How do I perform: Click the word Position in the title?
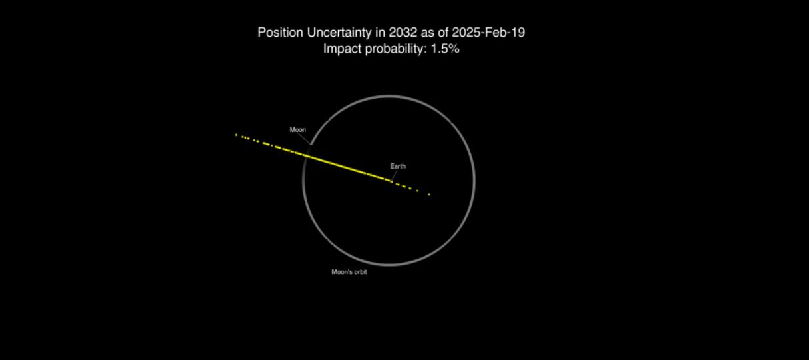(x=281, y=33)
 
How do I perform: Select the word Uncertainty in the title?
(x=339, y=33)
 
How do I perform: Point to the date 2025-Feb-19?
(x=488, y=33)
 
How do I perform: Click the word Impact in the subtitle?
(x=342, y=49)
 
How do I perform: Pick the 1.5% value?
(x=445, y=49)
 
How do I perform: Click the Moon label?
(x=298, y=129)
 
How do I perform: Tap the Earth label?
(x=398, y=166)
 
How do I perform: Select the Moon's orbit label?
(x=349, y=272)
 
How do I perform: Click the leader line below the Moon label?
(x=304, y=139)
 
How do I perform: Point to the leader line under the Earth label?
(x=395, y=175)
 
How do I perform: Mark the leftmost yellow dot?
(x=236, y=135)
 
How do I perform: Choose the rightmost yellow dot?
(x=429, y=195)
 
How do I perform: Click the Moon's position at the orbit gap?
(x=311, y=145)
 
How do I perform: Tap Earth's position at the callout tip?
(x=391, y=181)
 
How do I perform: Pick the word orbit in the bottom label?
(x=359, y=272)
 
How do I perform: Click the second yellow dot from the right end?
(x=418, y=191)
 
